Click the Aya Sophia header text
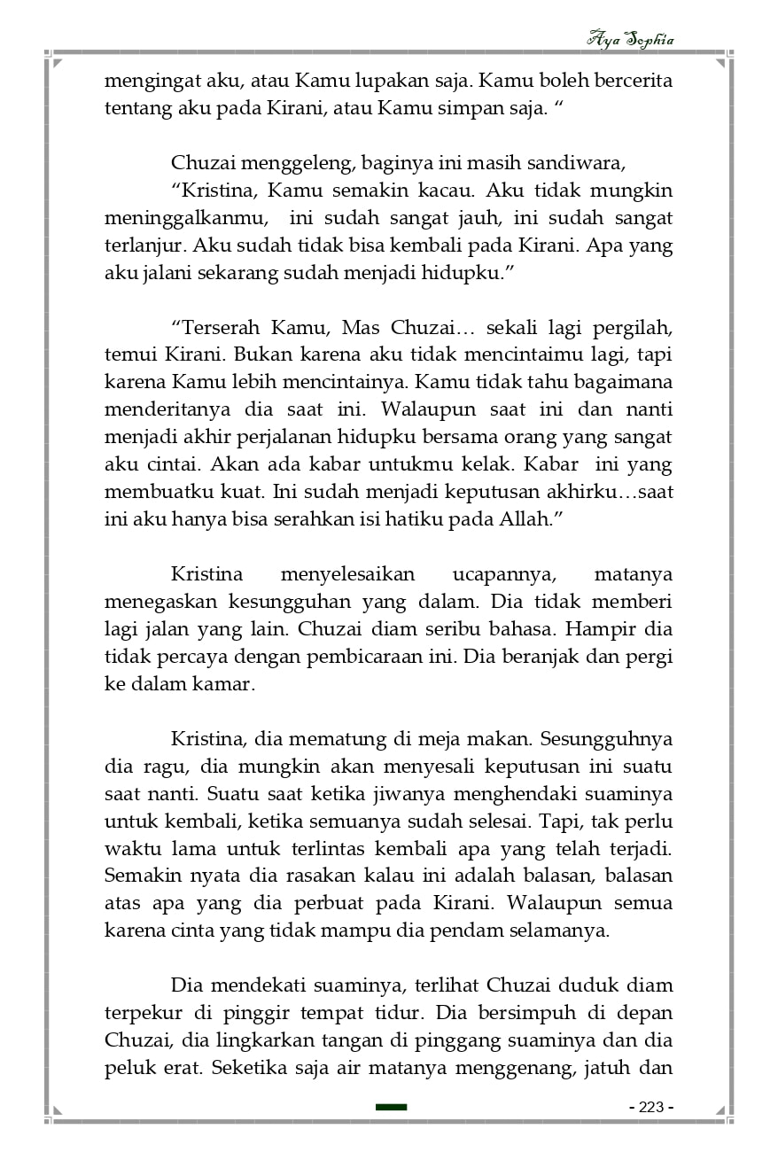coord(630,39)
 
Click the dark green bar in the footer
coord(391,1107)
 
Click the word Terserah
coord(222,325)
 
